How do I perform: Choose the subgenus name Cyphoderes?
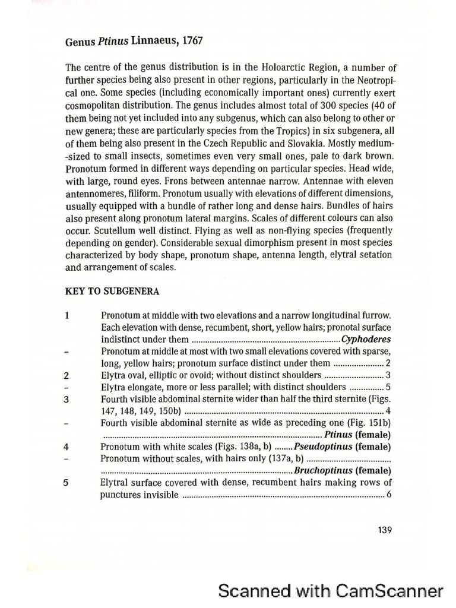point(366,340)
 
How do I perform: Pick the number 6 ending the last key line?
point(389,495)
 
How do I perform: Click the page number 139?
point(384,530)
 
